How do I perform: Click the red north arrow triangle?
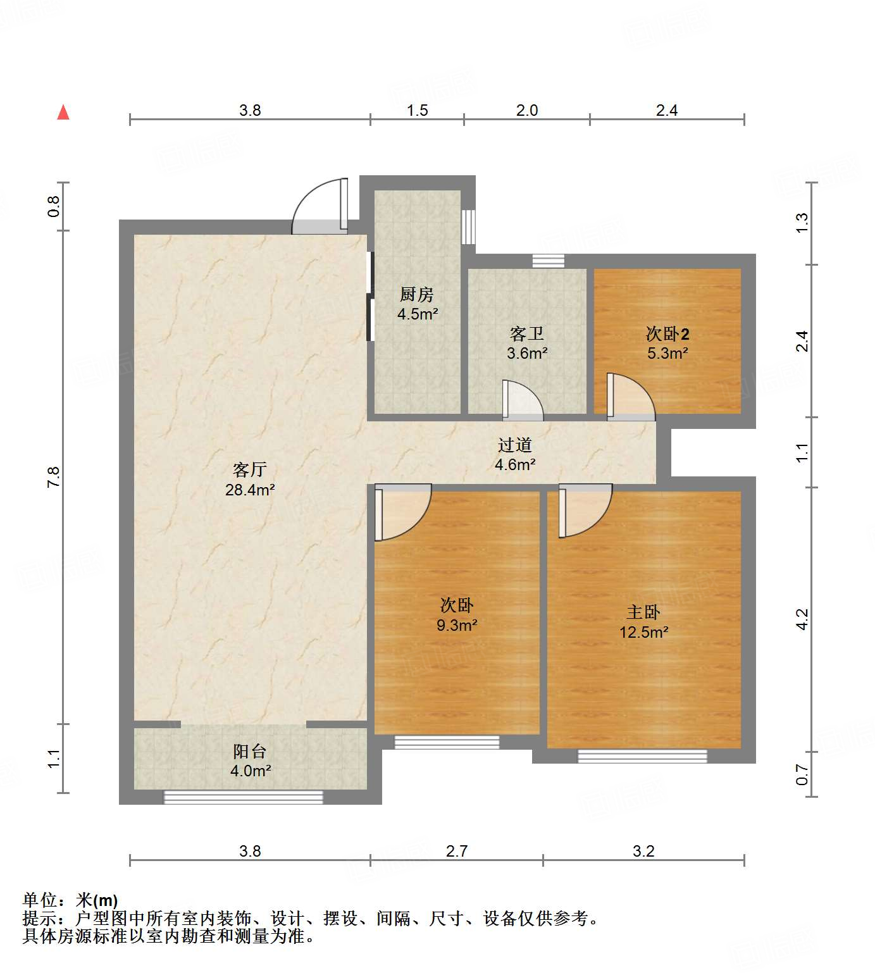63,113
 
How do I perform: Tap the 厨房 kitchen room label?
417,295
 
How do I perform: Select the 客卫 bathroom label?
526,334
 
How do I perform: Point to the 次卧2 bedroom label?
667,334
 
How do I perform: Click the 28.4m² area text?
250,490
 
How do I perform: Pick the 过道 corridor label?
514,445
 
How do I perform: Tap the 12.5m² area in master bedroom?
643,632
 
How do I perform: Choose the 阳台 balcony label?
249,752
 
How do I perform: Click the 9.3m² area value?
457,626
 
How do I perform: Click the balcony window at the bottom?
244,797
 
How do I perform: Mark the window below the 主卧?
642,756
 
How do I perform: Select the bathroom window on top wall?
548,261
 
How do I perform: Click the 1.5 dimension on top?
417,111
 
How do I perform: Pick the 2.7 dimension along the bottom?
456,852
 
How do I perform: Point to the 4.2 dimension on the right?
802,619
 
